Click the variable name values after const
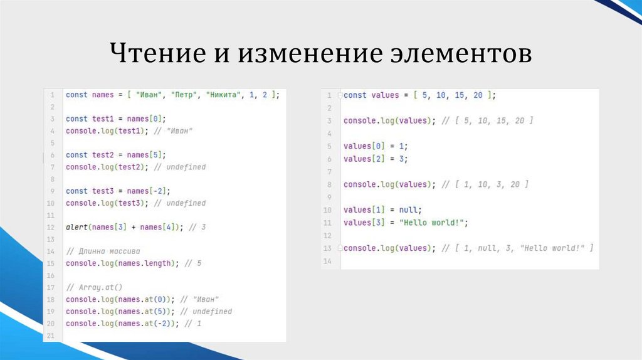click(385, 95)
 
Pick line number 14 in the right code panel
click(327, 260)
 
